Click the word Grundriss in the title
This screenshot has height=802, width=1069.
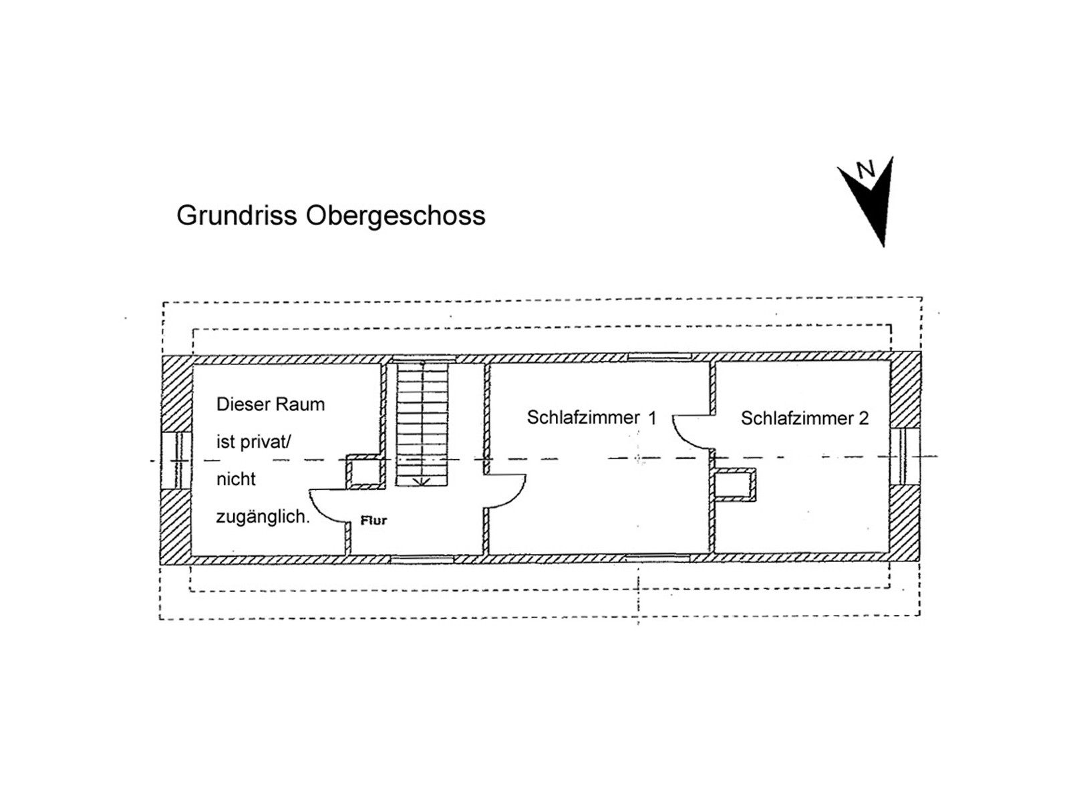click(x=237, y=216)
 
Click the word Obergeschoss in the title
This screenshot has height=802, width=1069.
click(x=396, y=216)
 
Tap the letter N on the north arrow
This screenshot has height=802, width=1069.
click(x=866, y=170)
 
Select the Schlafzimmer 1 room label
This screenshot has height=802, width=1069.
click(x=591, y=418)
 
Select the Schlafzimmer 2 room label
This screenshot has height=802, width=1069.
click(x=804, y=418)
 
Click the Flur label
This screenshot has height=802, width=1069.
click(x=373, y=520)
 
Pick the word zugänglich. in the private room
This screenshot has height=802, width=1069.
click(x=263, y=517)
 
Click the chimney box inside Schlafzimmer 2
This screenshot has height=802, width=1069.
click(x=735, y=485)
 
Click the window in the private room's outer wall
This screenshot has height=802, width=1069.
click(x=177, y=460)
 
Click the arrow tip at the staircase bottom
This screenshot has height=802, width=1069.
click(x=422, y=482)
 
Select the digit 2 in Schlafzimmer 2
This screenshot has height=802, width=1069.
click(x=863, y=418)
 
